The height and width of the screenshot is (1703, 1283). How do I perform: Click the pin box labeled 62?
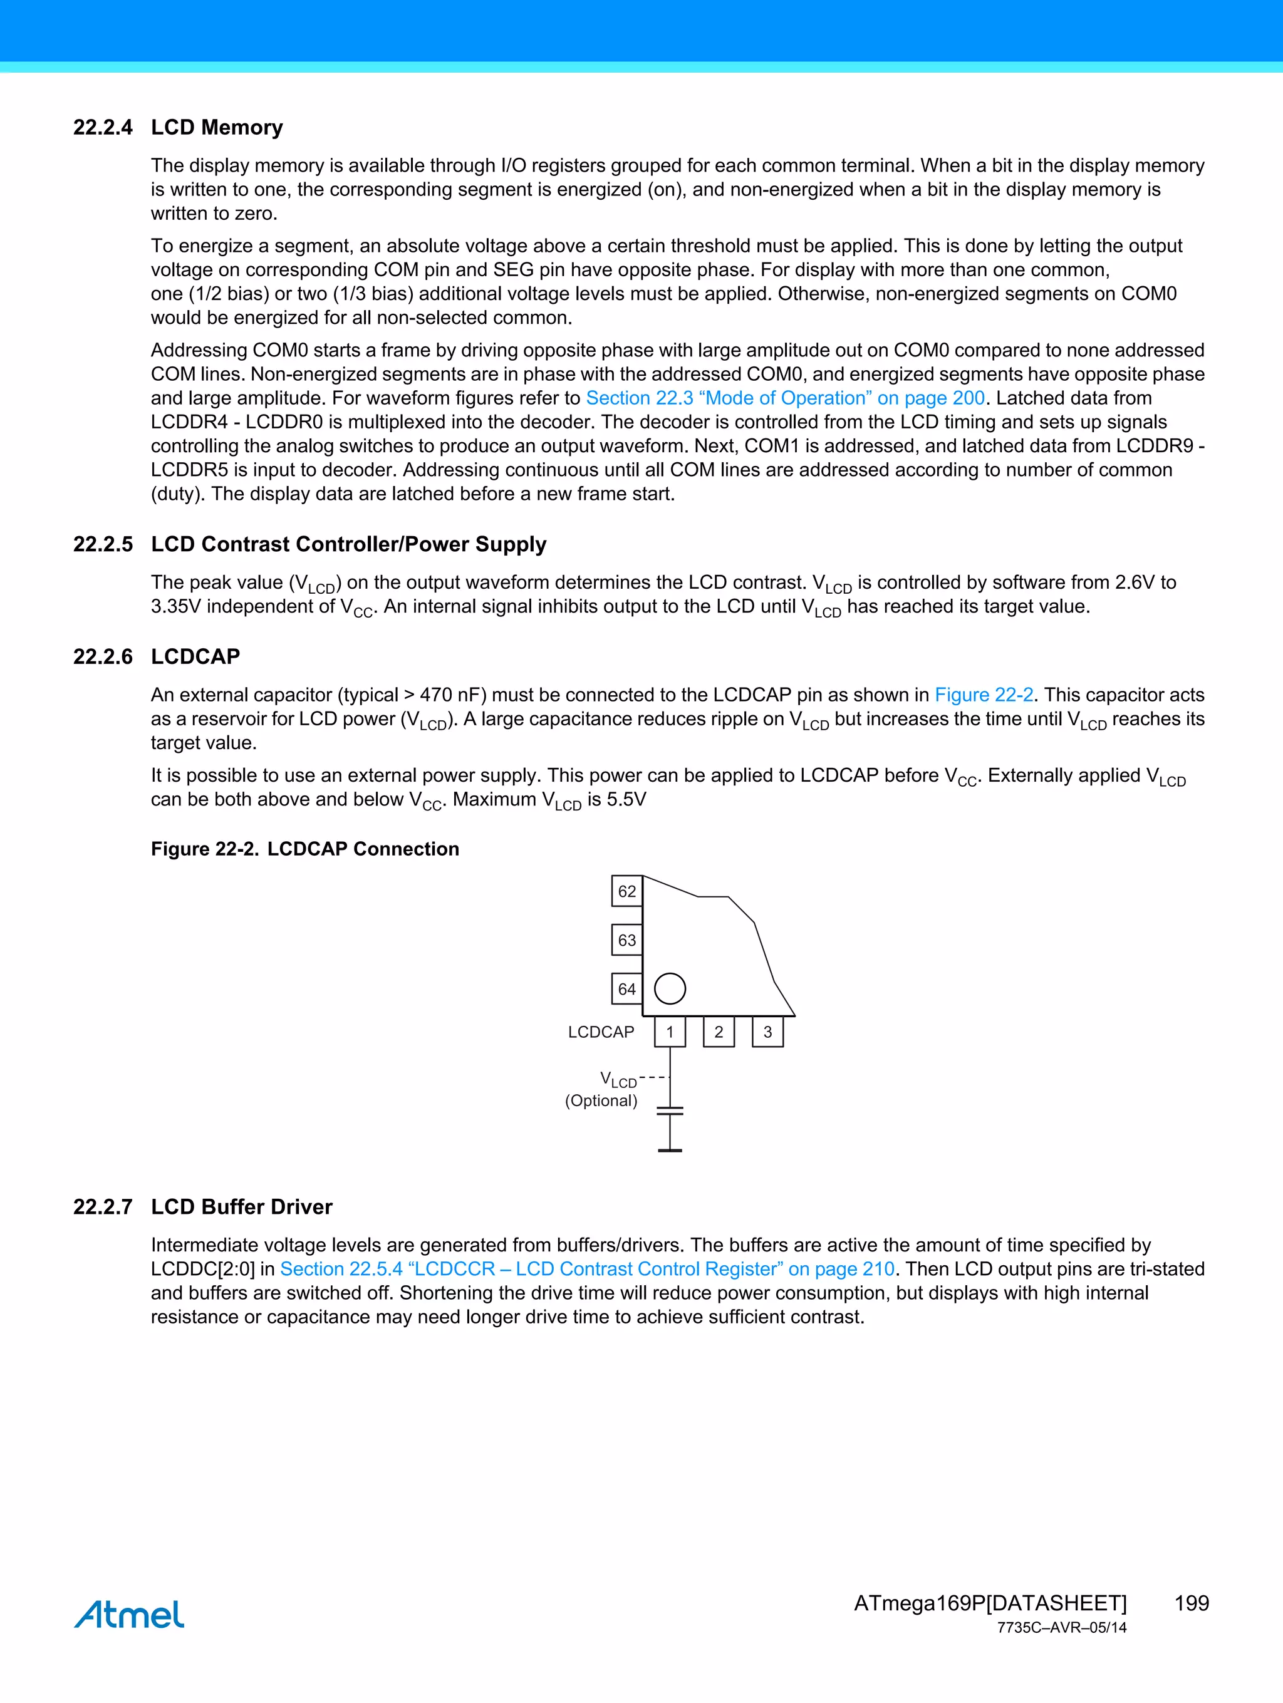click(627, 891)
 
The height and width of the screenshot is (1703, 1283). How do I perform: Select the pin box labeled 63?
click(627, 940)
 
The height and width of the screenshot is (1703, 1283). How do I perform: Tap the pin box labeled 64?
click(627, 988)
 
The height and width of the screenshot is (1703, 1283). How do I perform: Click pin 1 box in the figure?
click(670, 1032)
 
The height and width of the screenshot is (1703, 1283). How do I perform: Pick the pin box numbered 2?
click(719, 1032)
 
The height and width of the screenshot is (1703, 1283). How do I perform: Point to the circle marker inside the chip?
click(670, 988)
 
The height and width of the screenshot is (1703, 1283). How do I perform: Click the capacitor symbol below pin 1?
click(670, 1111)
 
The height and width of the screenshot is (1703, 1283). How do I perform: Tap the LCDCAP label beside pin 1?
click(601, 1032)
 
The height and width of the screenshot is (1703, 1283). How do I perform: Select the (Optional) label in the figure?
click(601, 1101)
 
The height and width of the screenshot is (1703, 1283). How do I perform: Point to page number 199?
click(1192, 1603)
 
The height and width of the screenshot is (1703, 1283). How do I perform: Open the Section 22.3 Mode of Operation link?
click(785, 398)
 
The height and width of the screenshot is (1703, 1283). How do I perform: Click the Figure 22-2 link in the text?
click(984, 695)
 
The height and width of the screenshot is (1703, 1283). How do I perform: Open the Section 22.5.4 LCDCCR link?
click(587, 1269)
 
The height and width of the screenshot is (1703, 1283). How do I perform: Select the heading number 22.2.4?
click(102, 127)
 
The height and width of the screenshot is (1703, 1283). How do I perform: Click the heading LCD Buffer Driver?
click(242, 1206)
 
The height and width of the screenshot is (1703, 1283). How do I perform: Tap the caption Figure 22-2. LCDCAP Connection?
click(305, 849)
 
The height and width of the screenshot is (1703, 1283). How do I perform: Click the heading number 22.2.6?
click(102, 657)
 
